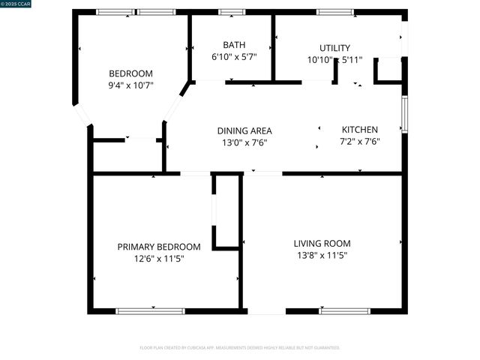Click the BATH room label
click(234, 45)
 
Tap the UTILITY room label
click(334, 48)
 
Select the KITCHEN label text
click(360, 130)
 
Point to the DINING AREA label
click(244, 130)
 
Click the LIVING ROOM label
click(322, 243)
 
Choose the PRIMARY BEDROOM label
click(159, 247)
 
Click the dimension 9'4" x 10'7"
click(130, 85)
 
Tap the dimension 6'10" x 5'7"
click(234, 57)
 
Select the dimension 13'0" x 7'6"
click(244, 142)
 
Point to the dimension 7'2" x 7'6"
click(360, 142)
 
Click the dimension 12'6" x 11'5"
click(159, 259)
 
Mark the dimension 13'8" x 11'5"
click(322, 255)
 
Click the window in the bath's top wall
click(232, 12)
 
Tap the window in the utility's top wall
click(335, 12)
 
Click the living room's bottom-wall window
click(344, 310)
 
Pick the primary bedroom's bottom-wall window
click(150, 310)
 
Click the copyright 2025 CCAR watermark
click(16, 4)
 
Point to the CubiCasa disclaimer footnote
click(240, 348)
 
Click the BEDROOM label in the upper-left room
click(130, 73)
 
